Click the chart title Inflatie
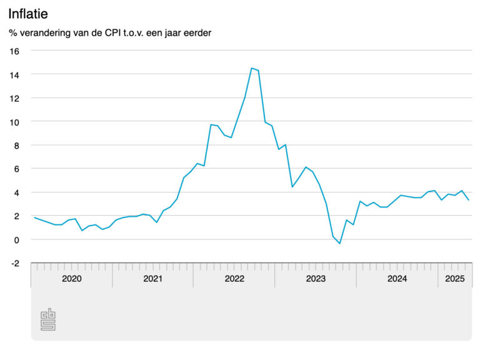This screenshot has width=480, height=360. [28, 14]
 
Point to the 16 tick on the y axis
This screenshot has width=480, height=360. [15, 51]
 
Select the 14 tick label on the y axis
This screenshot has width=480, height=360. [15, 74]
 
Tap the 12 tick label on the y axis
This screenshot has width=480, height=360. [15, 98]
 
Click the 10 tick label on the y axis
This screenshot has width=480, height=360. [15, 121]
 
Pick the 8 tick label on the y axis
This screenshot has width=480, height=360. [17, 145]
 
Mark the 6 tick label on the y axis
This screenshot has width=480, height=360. [17, 169]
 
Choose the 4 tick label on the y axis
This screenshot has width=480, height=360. [17, 192]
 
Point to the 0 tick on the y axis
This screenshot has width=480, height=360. [17, 239]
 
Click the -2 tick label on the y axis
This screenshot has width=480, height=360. [15, 263]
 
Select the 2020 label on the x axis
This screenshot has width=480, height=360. [72, 279]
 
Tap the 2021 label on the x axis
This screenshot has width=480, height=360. [153, 279]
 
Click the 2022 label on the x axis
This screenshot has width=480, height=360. [234, 279]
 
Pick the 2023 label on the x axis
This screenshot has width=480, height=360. [316, 279]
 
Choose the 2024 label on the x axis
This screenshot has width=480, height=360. [397, 279]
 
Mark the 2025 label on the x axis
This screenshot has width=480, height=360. [454, 279]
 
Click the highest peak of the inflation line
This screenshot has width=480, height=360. [251, 68]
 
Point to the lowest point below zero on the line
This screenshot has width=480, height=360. [339, 243]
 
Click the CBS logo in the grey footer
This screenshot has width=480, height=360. [48, 319]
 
